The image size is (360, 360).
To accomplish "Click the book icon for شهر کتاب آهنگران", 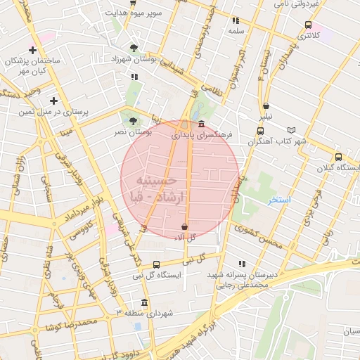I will point(292,130).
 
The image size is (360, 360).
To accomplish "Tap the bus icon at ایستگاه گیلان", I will point(339,157).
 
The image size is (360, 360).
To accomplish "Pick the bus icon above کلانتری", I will point(308,25).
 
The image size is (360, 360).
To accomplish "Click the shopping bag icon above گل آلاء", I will point(184,226).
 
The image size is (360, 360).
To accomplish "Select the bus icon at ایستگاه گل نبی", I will point(156,264).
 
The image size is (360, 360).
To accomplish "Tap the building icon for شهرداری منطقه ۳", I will point(145,302).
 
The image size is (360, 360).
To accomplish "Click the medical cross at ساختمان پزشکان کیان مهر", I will point(32,50).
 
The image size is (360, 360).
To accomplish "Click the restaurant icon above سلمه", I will point(236,20).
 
